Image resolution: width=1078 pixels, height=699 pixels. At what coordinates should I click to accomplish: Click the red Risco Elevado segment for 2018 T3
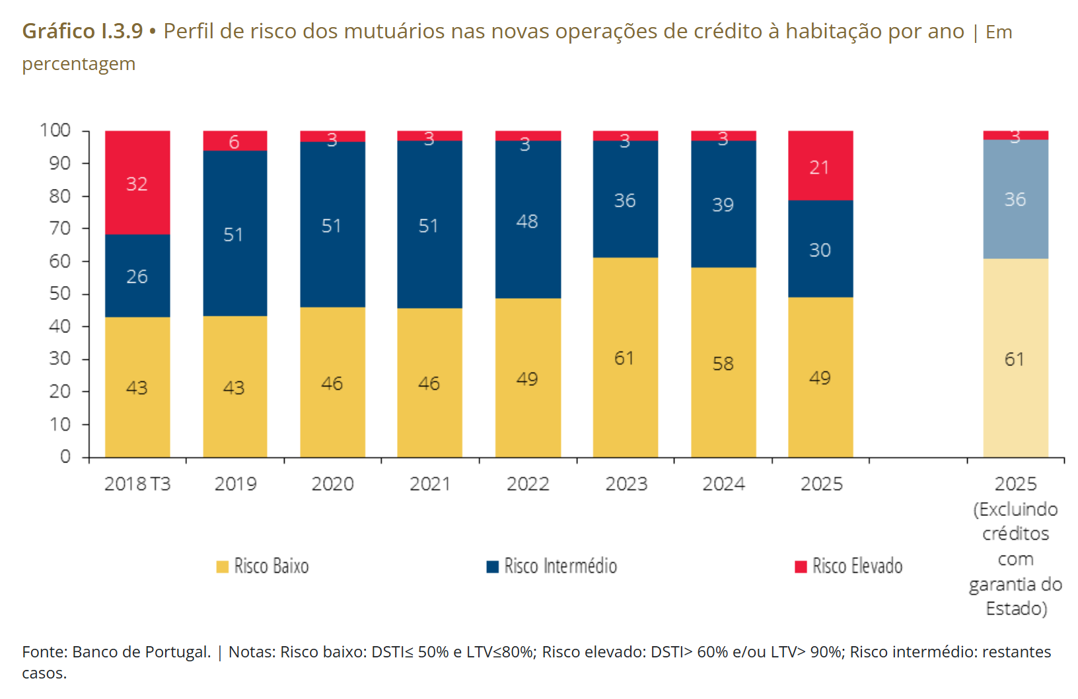coord(137,182)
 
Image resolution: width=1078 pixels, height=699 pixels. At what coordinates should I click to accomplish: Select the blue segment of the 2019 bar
coord(235,233)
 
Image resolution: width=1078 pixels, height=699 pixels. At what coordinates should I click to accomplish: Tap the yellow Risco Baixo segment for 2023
coord(625,357)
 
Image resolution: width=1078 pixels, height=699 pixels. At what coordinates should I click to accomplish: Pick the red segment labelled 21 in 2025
coord(820,166)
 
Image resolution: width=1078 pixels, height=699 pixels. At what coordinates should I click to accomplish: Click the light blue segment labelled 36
coord(1015,199)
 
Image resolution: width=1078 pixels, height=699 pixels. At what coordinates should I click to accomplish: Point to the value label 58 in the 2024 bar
coord(723,363)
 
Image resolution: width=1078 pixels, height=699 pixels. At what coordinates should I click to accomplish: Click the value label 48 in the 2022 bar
coord(527,221)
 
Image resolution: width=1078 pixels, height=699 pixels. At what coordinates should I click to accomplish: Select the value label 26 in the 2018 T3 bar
coord(137,276)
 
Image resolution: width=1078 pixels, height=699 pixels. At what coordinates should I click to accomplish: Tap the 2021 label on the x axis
coord(430,484)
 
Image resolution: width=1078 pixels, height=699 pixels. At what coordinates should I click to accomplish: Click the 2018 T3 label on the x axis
coord(137,484)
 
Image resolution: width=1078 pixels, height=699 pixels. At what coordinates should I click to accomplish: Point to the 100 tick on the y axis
coord(55,130)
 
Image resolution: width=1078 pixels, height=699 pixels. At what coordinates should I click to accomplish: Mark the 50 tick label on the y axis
coord(60,293)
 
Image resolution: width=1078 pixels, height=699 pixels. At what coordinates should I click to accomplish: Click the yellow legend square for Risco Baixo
coord(223,566)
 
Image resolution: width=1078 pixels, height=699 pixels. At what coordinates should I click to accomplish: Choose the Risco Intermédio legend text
coord(560,566)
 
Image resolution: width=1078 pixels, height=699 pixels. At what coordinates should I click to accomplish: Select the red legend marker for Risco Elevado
coord(801,566)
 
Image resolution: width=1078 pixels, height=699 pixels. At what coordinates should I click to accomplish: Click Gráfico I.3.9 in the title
coord(83,31)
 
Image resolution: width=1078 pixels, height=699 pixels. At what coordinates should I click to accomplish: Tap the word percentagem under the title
coord(79,64)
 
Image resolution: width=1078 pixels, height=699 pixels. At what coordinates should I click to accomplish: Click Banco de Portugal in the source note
coord(141,652)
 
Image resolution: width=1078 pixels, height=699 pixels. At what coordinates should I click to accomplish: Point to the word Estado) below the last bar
coord(1017,608)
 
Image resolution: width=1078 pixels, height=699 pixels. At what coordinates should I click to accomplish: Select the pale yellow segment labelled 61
coord(1015,359)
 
